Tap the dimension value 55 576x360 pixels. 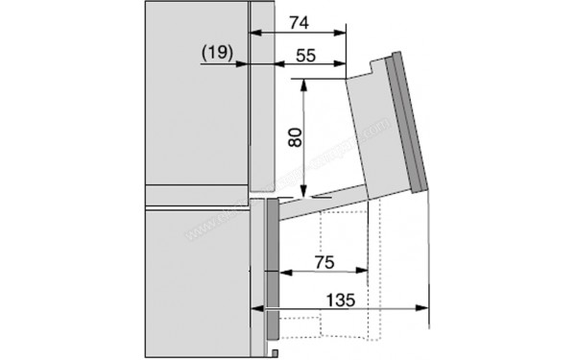point(306,56)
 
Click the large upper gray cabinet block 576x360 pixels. point(192,96)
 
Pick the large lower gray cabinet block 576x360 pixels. point(192,278)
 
